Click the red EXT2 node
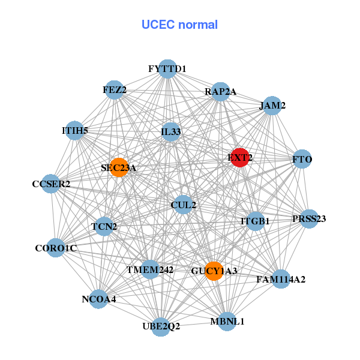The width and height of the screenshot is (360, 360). (x=240, y=157)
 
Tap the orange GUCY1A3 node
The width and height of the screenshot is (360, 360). (x=213, y=271)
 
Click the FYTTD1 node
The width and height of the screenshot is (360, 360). (x=167, y=69)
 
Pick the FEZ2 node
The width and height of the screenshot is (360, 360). (x=114, y=90)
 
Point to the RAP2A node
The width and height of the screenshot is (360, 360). (x=221, y=92)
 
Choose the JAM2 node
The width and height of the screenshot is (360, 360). (x=272, y=106)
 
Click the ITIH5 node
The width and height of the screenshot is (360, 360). (x=75, y=130)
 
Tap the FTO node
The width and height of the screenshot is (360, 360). (x=302, y=160)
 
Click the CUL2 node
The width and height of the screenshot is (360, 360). (x=183, y=205)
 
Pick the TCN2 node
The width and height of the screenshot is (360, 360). (x=104, y=226)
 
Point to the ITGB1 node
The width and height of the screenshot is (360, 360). (x=256, y=221)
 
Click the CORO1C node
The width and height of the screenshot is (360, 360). (x=55, y=247)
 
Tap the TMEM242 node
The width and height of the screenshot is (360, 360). (x=150, y=270)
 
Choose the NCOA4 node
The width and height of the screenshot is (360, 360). (x=99, y=298)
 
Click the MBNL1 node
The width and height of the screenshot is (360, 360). (x=227, y=322)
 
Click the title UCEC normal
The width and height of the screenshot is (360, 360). (x=179, y=25)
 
